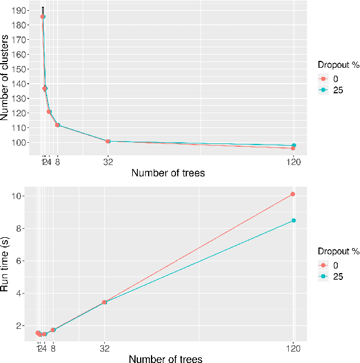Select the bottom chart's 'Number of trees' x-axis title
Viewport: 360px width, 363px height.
[x=165, y=358]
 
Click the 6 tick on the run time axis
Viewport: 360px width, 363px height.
[x=19, y=261]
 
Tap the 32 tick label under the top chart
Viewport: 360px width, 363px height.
[x=108, y=162]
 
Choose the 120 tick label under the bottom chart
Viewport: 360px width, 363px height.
[x=293, y=348]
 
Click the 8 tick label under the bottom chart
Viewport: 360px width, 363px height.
[x=53, y=348]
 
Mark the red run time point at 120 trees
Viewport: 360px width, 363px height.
[x=293, y=194]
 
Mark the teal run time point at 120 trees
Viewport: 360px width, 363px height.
[x=293, y=220]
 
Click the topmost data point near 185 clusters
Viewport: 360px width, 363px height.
[x=43, y=16]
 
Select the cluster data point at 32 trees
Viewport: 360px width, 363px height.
[x=108, y=141]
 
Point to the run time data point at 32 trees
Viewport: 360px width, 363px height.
[x=104, y=302]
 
